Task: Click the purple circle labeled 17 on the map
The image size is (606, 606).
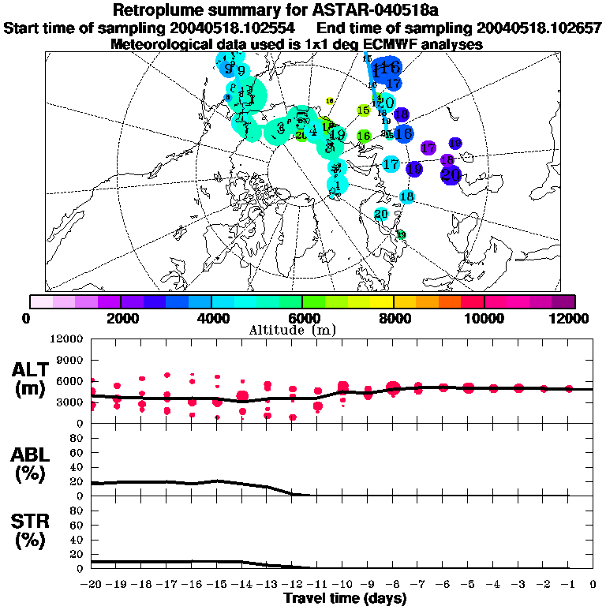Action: [x=428, y=148]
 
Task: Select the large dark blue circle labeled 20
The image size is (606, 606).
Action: [x=451, y=174]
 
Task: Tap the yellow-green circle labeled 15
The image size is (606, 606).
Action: [x=364, y=110]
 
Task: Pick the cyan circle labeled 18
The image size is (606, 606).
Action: [x=407, y=196]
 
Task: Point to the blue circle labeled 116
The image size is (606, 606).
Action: [x=386, y=69]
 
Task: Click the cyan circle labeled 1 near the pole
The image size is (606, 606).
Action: [x=338, y=185]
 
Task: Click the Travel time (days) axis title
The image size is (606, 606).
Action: [x=345, y=598]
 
